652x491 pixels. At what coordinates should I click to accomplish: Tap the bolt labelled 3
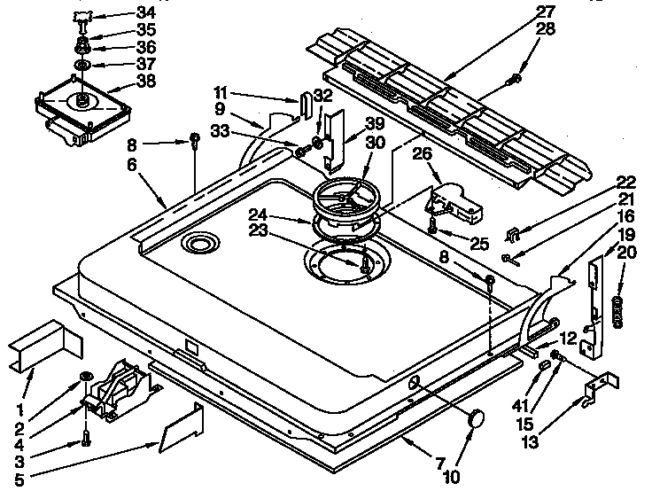click(84, 436)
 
